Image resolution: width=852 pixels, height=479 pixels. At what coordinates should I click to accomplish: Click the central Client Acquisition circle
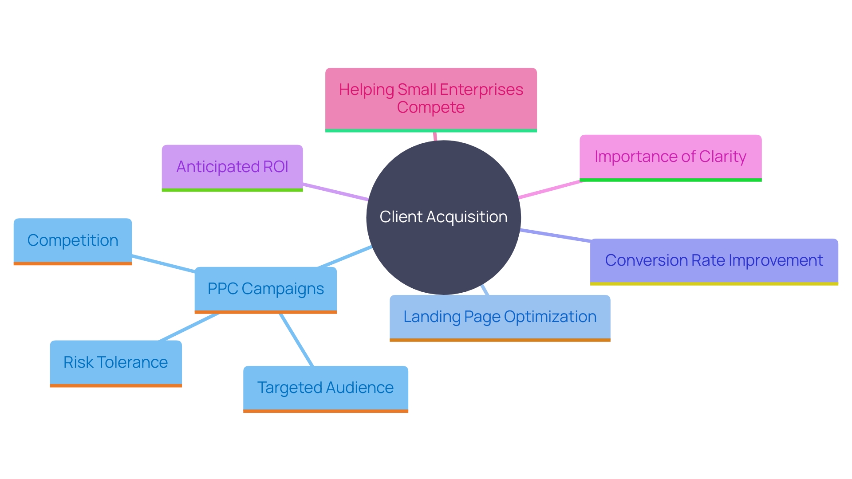pyautogui.click(x=443, y=248)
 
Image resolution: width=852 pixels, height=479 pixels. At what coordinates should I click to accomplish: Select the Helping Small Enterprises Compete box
pyautogui.click(x=431, y=98)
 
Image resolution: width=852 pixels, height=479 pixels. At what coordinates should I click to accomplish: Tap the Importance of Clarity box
pyautogui.click(x=670, y=157)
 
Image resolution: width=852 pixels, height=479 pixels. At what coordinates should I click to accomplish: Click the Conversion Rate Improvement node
pyautogui.click(x=714, y=260)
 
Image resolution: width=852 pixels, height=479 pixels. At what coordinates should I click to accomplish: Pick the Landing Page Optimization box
pyautogui.click(x=500, y=317)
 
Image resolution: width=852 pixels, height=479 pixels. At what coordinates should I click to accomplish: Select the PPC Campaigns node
pyautogui.click(x=265, y=289)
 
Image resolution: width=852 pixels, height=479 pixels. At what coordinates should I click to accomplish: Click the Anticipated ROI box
pyautogui.click(x=232, y=167)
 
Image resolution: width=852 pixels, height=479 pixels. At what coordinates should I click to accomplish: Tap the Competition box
pyautogui.click(x=73, y=240)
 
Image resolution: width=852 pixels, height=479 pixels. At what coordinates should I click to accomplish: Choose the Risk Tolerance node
pyautogui.click(x=115, y=362)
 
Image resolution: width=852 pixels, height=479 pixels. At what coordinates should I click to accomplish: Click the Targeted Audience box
pyautogui.click(x=325, y=388)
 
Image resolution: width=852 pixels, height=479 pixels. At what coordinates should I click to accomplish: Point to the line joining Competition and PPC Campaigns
pyautogui.click(x=163, y=263)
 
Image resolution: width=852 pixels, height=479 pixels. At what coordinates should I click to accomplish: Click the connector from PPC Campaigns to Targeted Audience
pyautogui.click(x=296, y=340)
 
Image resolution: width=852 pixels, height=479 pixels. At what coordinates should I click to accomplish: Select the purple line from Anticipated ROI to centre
pyautogui.click(x=335, y=192)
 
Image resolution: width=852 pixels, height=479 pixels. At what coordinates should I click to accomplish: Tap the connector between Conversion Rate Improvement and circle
pyautogui.click(x=555, y=236)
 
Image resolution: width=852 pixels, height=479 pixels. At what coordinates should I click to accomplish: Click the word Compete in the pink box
pyautogui.click(x=430, y=108)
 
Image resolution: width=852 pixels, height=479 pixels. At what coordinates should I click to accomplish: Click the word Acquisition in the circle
pyautogui.click(x=466, y=217)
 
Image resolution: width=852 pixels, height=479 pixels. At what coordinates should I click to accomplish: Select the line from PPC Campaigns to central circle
pyautogui.click(x=345, y=257)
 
